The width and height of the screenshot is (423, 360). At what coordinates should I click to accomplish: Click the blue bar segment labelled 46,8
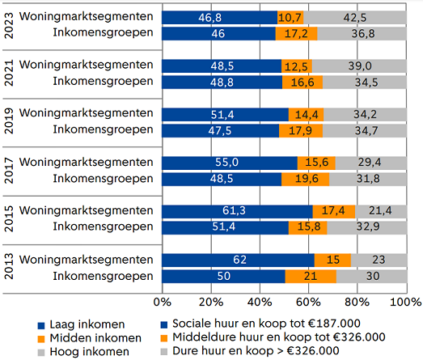(220, 18)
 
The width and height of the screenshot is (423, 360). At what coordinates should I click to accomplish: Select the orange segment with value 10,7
(290, 18)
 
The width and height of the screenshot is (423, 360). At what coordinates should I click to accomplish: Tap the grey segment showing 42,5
(355, 18)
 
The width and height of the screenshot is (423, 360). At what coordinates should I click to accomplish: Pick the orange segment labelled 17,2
(296, 34)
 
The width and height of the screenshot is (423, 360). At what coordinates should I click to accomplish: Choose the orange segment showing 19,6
(306, 180)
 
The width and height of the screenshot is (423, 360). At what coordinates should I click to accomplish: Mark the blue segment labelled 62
(239, 260)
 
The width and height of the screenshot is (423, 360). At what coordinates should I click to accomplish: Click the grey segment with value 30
(372, 277)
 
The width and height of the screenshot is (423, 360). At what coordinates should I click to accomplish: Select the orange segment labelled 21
(311, 277)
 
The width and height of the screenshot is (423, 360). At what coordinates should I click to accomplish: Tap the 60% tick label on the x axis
(308, 302)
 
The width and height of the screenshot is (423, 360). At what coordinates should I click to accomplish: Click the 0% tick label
(162, 302)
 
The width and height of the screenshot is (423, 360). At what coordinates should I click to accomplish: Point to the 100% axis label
(406, 302)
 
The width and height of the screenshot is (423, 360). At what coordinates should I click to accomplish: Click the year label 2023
(9, 26)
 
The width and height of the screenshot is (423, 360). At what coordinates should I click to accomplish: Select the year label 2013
(9, 266)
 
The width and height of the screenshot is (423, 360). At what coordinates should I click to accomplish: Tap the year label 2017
(9, 171)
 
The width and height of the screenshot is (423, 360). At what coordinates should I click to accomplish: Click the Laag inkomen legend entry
(81, 324)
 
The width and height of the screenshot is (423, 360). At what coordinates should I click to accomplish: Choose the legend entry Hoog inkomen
(83, 352)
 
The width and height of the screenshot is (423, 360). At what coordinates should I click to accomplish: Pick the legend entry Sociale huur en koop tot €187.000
(260, 324)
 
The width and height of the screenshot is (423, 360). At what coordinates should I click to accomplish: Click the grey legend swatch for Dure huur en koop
(164, 352)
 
